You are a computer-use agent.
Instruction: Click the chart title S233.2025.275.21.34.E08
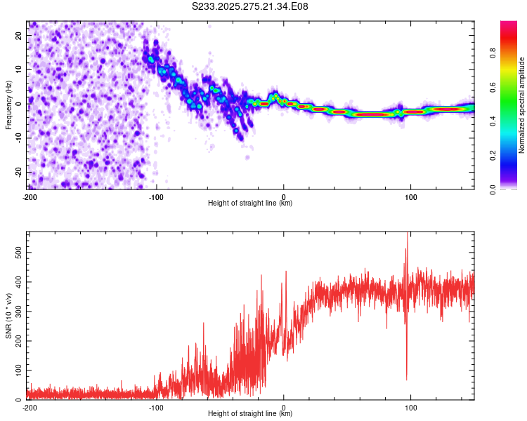tap(250, 6)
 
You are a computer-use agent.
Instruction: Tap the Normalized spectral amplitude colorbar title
tap(522, 105)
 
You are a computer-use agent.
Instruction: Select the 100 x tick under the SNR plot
tap(411, 407)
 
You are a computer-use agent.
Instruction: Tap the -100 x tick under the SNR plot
tap(156, 407)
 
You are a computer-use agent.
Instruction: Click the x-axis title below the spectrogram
tap(250, 203)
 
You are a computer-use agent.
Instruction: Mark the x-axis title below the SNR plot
tap(250, 413)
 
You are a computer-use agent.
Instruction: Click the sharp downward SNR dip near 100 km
tap(406, 379)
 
